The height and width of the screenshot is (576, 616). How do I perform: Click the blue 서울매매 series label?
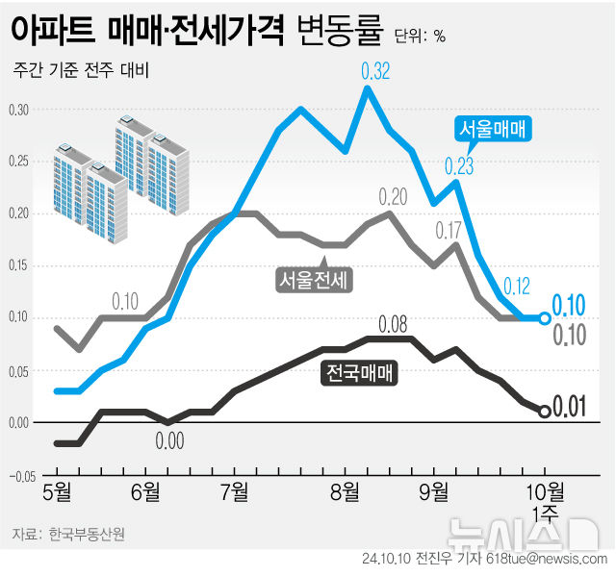[x=495, y=128]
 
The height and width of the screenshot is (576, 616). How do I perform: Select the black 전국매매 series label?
[x=358, y=369]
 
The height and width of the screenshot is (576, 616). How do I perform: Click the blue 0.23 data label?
[x=459, y=165]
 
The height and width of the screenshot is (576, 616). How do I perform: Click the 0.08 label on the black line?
[x=393, y=323]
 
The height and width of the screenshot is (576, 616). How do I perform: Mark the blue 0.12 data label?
[x=517, y=285]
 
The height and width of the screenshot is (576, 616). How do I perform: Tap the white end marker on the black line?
[x=544, y=411]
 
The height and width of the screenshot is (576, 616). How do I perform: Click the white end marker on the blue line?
[x=545, y=318]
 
